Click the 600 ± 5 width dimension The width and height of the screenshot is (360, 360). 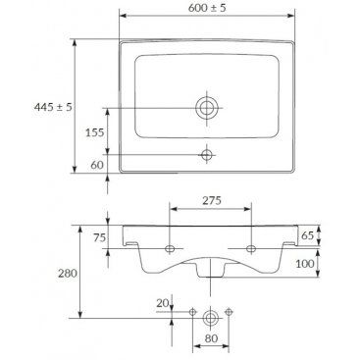[207, 8]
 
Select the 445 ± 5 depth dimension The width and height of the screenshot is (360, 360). [53, 107]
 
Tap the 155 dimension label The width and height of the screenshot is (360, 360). [94, 132]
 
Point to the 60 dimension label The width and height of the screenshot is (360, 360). [97, 165]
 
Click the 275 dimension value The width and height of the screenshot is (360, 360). [212, 200]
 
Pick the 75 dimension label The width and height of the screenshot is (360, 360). [100, 237]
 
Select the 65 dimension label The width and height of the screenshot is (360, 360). [307, 235]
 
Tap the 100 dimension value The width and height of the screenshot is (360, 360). [305, 264]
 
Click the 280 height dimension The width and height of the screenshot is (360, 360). [68, 273]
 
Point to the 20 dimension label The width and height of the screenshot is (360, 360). [163, 303]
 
